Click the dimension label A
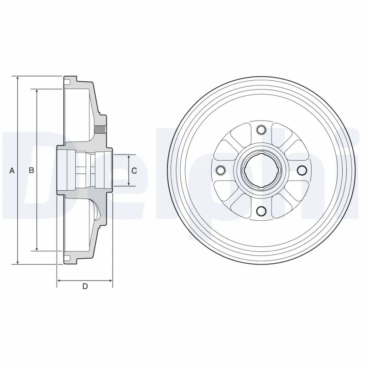click(x=12, y=171)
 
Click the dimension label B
click(x=31, y=171)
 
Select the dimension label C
click(x=134, y=171)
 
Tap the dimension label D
click(x=85, y=287)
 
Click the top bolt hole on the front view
click(x=261, y=130)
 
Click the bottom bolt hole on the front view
click(x=261, y=211)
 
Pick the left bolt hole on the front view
click(x=221, y=171)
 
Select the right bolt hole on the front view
click(x=302, y=171)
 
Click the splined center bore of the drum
click(x=261, y=171)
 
